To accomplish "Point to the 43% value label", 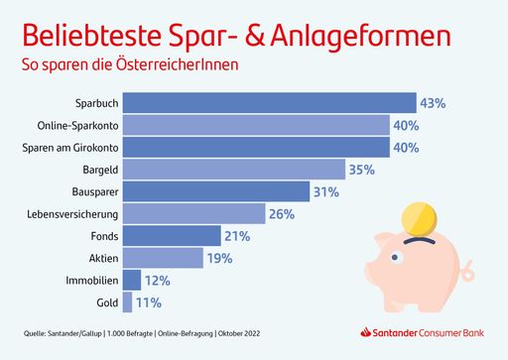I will point(433,103).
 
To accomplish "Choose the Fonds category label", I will point(102,236).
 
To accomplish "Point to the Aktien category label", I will point(101,258).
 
